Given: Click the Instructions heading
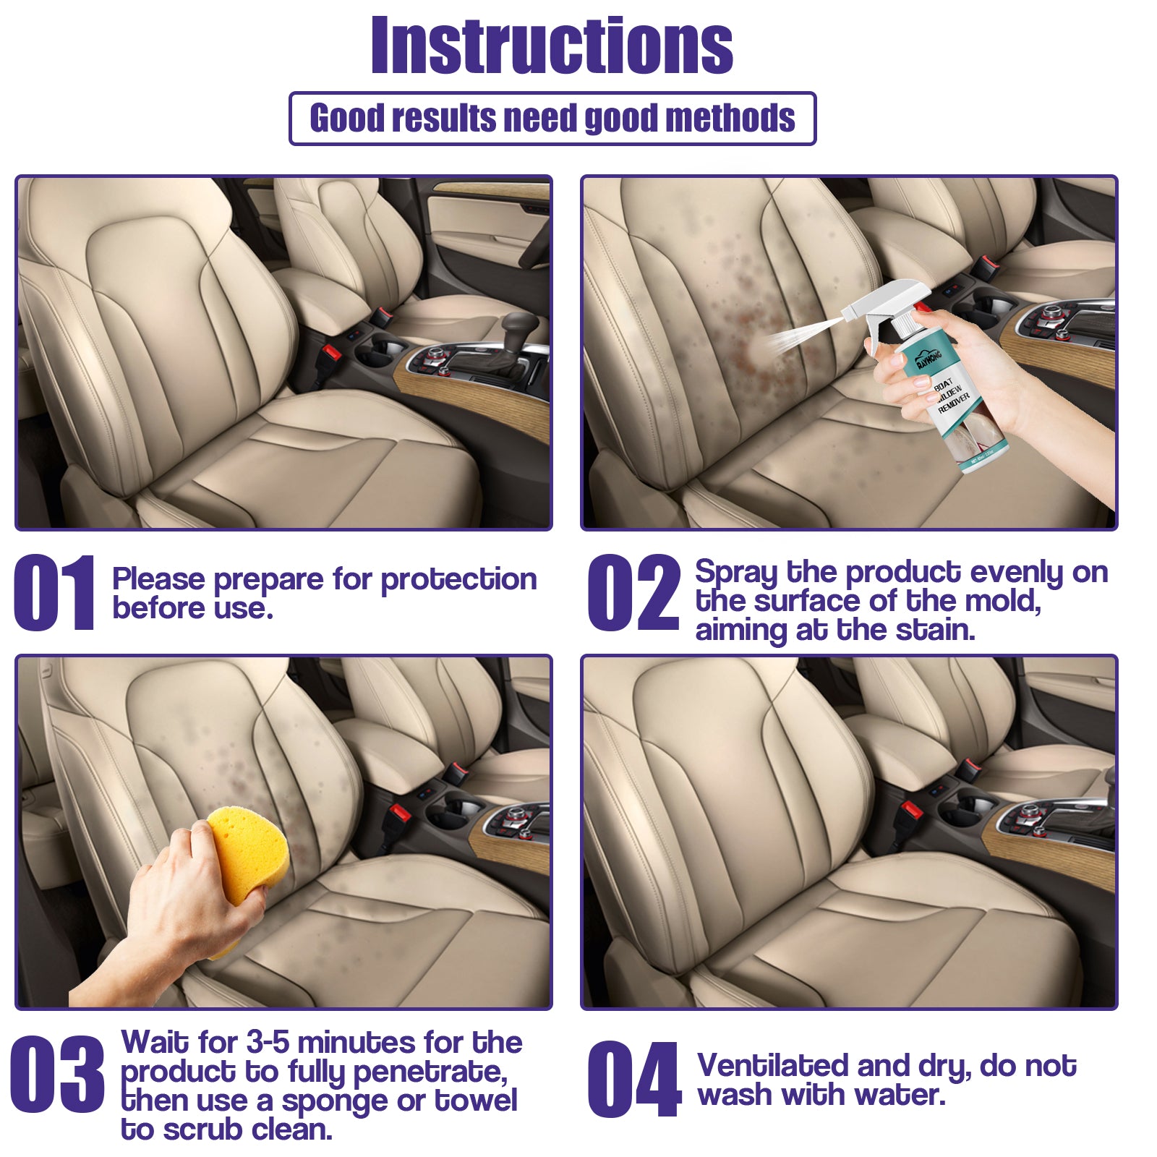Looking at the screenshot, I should tap(552, 46).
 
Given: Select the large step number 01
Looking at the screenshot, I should tap(54, 593).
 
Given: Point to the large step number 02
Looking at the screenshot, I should tap(633, 593).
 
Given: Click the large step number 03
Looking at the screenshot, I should tap(57, 1074).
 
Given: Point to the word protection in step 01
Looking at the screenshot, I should tap(458, 580).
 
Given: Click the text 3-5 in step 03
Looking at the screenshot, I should tap(268, 1043).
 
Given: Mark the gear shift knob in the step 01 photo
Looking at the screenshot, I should tap(519, 325).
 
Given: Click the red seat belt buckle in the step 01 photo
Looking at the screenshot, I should tap(331, 354).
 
